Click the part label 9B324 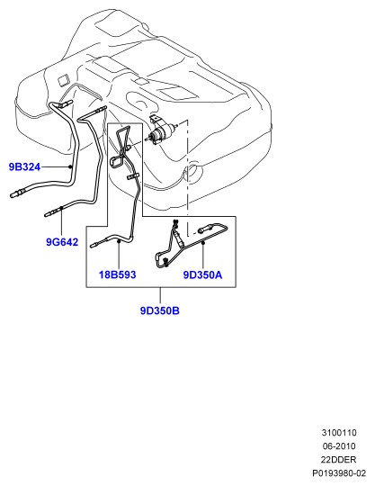tap(25, 167)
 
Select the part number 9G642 tap(62, 242)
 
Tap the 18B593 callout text tap(118, 274)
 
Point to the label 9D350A tap(203, 274)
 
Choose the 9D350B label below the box tap(160, 310)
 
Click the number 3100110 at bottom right tap(339, 432)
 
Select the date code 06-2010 tap(339, 446)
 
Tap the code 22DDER tap(338, 459)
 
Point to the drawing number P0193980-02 tap(339, 473)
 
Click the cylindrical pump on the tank tap(160, 132)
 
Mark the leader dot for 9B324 tap(71, 167)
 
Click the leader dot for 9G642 tap(62, 208)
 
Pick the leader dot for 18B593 tap(119, 241)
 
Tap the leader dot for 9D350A tap(203, 243)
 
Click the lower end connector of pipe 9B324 tap(15, 193)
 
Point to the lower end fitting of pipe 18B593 tap(94, 245)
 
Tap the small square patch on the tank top tap(65, 80)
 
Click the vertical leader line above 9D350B tap(160, 296)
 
